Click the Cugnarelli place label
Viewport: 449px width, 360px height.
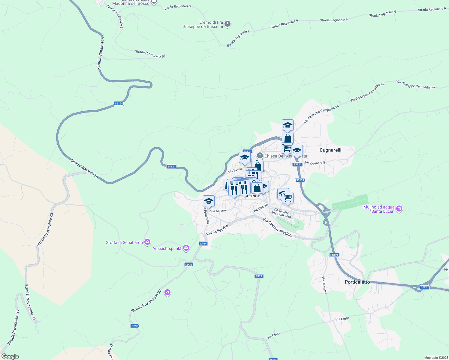click(330, 150)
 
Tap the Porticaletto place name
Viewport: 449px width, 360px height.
click(357, 282)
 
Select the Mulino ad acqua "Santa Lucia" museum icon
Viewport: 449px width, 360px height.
click(399, 209)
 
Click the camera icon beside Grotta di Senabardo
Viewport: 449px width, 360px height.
click(147, 242)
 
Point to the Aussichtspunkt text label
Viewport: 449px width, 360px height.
click(167, 248)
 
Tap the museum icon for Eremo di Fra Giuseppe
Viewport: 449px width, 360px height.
click(228, 24)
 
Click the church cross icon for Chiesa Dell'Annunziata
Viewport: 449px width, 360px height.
click(260, 155)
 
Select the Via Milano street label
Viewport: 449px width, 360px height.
click(218, 211)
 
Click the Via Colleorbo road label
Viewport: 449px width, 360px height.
click(217, 230)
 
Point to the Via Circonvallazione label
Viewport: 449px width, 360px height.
click(278, 227)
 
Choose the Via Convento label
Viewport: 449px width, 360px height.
click(281, 214)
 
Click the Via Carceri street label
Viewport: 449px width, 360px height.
click(260, 208)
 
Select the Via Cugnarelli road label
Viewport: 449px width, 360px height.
click(315, 163)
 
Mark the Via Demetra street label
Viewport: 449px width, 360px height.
click(324, 285)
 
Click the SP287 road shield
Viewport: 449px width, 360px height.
click(424, 287)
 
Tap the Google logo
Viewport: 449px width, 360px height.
click(10, 356)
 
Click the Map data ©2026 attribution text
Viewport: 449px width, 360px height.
click(436, 358)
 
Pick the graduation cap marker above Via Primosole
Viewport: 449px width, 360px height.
click(208, 201)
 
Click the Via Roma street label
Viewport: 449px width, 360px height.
click(235, 170)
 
